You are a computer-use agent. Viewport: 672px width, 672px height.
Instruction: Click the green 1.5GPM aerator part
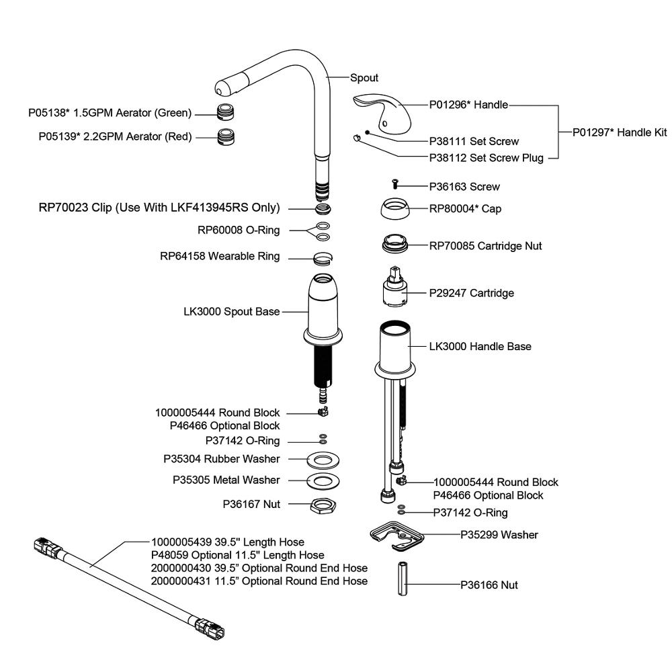click(x=226, y=112)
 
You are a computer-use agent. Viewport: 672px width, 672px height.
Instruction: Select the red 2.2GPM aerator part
click(x=226, y=136)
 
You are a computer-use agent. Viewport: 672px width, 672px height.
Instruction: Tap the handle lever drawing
click(x=382, y=112)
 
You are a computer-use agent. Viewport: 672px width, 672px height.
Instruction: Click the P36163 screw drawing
click(x=395, y=184)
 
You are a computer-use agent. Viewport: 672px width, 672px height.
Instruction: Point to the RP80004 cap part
click(x=394, y=209)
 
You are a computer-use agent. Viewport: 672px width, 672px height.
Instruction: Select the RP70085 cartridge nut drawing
click(x=394, y=245)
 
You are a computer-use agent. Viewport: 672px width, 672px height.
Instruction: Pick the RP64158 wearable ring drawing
click(x=323, y=259)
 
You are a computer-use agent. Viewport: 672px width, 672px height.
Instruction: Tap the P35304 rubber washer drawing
click(x=323, y=460)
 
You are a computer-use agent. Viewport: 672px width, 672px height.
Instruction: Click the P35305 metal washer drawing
click(x=323, y=481)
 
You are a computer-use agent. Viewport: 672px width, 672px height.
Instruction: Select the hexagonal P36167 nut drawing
click(x=323, y=506)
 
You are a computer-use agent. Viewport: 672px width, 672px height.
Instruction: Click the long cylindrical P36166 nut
click(x=403, y=579)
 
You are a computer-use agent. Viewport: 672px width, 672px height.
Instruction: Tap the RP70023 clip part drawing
click(x=323, y=209)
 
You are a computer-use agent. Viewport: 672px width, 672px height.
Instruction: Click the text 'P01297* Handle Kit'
click(x=620, y=132)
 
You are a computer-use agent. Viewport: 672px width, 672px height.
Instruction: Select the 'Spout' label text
click(x=364, y=78)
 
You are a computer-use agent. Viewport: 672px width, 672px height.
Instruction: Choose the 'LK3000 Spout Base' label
click(x=231, y=312)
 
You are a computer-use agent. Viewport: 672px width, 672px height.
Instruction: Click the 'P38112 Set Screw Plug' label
click(x=487, y=158)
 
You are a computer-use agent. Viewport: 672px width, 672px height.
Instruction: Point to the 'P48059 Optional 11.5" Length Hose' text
click(x=237, y=555)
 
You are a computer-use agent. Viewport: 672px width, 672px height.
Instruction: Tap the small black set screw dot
click(x=368, y=132)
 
